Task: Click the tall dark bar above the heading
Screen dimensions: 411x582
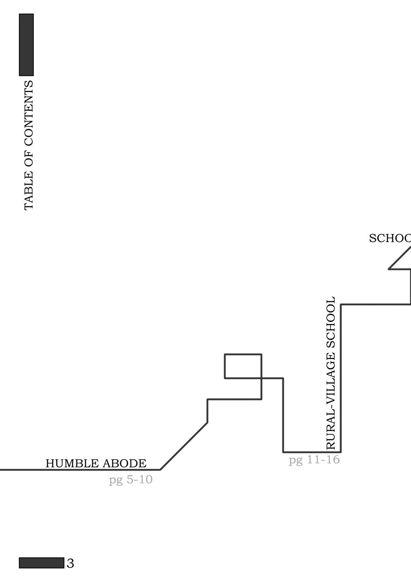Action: (26, 45)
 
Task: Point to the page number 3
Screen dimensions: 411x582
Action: (70, 563)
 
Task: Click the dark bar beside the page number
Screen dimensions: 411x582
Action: (41, 563)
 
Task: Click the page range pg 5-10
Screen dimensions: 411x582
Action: (131, 480)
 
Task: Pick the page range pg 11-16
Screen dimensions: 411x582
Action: (314, 460)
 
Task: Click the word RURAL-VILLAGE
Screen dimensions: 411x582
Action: (331, 401)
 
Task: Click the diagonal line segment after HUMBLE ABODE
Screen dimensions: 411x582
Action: (184, 446)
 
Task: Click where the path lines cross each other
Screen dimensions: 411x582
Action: (261, 378)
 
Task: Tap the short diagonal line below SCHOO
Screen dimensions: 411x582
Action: (400, 257)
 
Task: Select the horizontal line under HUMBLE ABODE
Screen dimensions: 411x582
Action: (79, 470)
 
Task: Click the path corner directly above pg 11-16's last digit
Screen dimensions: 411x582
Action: (341, 452)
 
